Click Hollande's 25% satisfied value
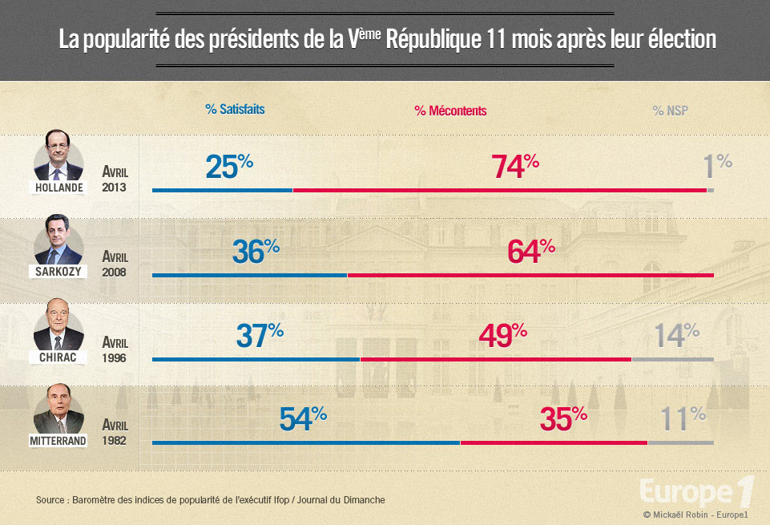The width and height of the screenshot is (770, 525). coord(229,166)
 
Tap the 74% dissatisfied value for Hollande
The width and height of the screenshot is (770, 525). coord(515,166)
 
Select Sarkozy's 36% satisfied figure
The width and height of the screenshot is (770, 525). coord(256,252)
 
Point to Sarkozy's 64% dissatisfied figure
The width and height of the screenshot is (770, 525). coord(531,252)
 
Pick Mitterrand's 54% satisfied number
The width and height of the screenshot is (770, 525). coord(303,419)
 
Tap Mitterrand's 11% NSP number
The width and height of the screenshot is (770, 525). coord(683,419)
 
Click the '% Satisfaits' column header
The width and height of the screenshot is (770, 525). coord(235,110)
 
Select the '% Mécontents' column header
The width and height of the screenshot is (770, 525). coord(450,111)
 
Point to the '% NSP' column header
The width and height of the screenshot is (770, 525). coord(670,111)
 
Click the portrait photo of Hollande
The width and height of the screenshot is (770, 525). coord(58,155)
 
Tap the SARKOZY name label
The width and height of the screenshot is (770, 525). coord(58,272)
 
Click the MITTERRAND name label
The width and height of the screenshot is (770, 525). coord(59,440)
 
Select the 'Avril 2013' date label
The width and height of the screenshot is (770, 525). coord(115,179)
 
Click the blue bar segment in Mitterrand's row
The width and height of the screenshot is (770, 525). coord(305,442)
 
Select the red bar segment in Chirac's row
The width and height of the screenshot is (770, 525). coord(495,359)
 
